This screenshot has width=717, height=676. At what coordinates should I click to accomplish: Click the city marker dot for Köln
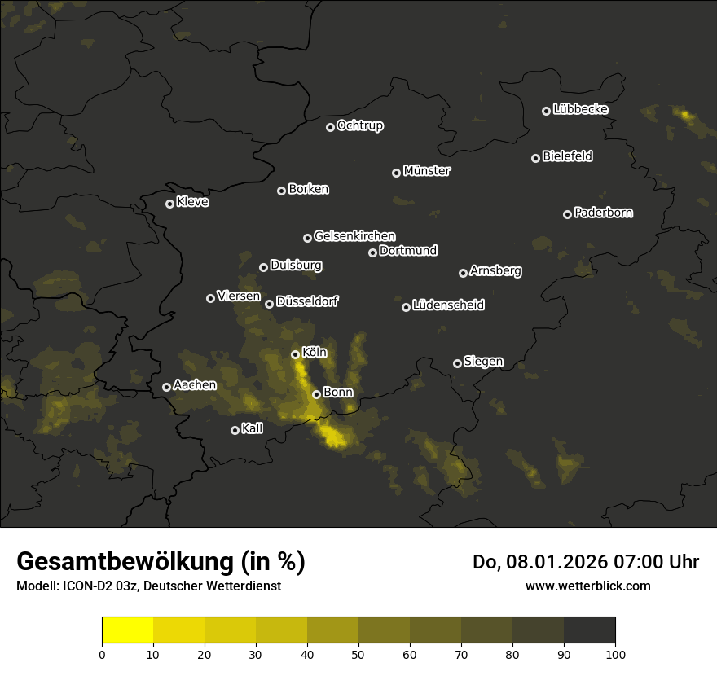[x=295, y=354]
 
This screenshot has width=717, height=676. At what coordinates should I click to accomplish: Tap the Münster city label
[x=426, y=171]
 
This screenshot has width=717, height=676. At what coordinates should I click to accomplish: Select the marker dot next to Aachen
[x=166, y=387]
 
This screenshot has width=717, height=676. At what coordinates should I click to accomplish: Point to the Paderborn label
[x=603, y=213]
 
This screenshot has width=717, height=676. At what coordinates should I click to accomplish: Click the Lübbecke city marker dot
[x=546, y=111]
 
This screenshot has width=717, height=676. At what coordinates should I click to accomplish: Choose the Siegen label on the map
[x=483, y=362]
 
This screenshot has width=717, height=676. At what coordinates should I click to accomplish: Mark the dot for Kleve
[x=169, y=204]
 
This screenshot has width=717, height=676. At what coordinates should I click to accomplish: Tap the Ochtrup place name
[x=359, y=125]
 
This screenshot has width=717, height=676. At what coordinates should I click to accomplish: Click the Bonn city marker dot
[x=316, y=394]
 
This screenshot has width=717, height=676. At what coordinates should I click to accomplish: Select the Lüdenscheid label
[x=448, y=305]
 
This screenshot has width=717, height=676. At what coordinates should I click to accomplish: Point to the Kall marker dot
[x=235, y=430]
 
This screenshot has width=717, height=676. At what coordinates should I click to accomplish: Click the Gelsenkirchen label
[x=354, y=236]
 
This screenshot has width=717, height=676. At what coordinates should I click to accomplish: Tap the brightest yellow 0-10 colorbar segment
[x=127, y=630]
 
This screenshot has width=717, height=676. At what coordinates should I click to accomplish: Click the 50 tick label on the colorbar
[x=358, y=654]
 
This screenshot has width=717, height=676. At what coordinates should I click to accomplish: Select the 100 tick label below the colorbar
[x=615, y=654]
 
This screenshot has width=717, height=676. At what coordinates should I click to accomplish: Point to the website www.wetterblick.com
[x=587, y=586]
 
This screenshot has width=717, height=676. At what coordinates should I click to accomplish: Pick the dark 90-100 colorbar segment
[x=589, y=630]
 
